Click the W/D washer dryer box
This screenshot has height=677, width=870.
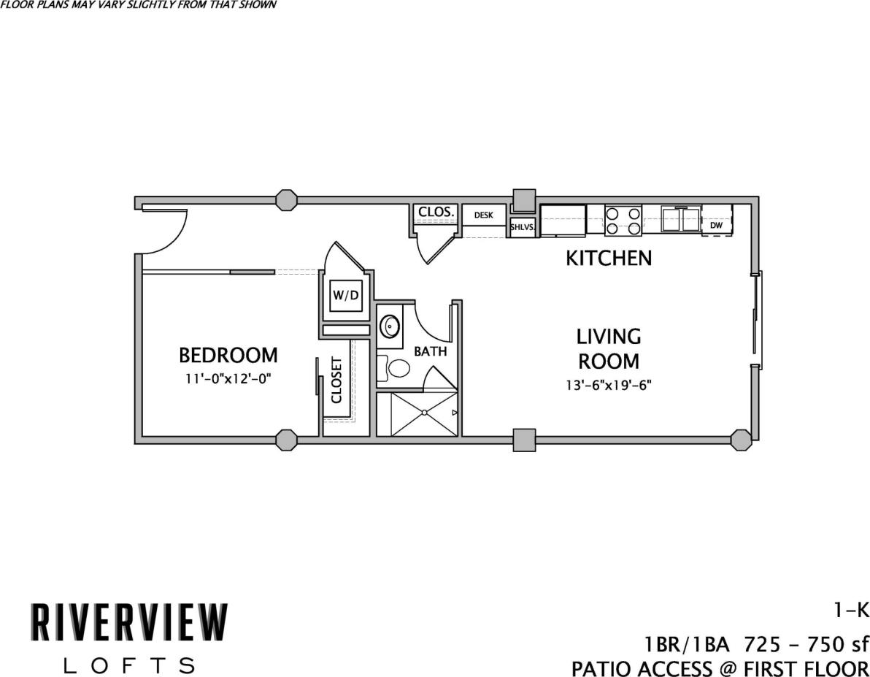click(x=346, y=296)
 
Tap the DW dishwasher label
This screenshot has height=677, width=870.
click(x=716, y=226)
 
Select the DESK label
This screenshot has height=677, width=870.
click(x=484, y=215)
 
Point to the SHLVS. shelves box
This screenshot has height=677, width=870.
click(x=523, y=227)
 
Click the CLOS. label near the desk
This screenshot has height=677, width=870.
click(x=436, y=213)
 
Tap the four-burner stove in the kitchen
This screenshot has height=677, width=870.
click(x=623, y=221)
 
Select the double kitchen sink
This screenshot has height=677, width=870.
click(x=681, y=219)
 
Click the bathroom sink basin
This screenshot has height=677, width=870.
click(x=390, y=325)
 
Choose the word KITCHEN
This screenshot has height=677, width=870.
click(x=609, y=259)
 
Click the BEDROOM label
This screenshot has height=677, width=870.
click(x=228, y=356)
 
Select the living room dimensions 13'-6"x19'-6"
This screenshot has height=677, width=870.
click(x=609, y=384)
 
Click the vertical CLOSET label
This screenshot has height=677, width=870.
click(x=336, y=380)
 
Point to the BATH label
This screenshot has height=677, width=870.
click(x=430, y=351)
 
